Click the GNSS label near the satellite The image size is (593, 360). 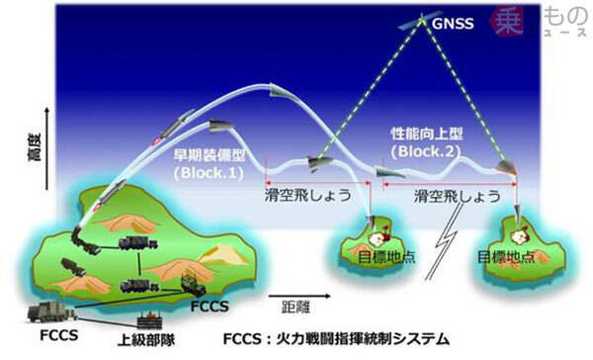pos(453,24)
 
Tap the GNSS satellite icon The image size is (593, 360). pos(421,21)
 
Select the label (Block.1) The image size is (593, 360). pos(209,173)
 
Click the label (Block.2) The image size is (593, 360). pos(426,151)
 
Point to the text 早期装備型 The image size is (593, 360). pos(210,155)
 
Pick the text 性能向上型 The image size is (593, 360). pos(427,134)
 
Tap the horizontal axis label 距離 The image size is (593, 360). pos(296,307)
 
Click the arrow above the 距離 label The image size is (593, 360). pos(299,296)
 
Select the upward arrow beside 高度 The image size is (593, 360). pos(46,148)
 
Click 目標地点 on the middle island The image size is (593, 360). pos(386,257)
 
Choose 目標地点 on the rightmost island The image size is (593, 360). pos(506,257)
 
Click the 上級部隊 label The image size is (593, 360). pos(146,339)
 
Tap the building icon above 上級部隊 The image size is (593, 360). pos(150,319)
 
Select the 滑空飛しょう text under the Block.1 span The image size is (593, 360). pos(307,196)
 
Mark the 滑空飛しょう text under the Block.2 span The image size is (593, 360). pos(457,196)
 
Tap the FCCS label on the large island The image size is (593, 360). pos(210,306)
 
